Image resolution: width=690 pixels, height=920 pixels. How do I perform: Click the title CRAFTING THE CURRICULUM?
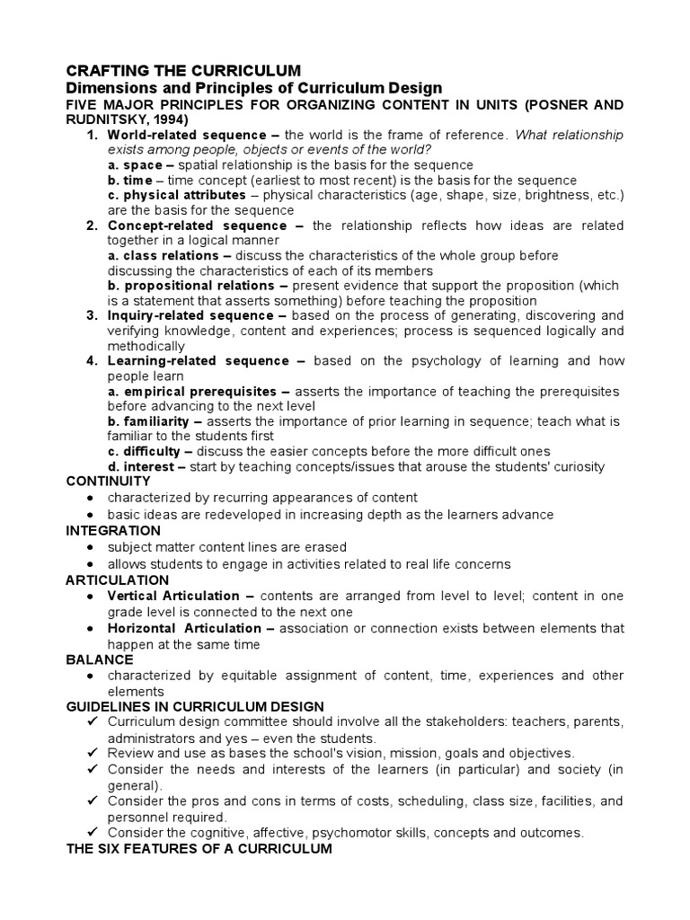pos(184,70)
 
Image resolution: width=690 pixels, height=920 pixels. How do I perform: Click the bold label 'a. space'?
pos(135,165)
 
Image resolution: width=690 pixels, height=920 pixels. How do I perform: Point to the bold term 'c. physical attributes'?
pos(176,195)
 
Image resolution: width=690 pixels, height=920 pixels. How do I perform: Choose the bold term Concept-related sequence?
pos(197,226)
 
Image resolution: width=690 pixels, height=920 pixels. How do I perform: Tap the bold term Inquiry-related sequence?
pos(190,315)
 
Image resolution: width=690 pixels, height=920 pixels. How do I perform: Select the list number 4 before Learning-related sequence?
pos(91,361)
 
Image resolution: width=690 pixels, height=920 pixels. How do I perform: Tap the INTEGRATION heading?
pos(113,530)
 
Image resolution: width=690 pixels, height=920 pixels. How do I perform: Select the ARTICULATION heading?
pos(118,579)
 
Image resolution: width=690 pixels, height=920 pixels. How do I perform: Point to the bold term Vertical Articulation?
pos(173,596)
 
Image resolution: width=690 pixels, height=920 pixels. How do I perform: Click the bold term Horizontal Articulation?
pos(184,628)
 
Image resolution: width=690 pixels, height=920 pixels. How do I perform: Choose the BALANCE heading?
pos(99,659)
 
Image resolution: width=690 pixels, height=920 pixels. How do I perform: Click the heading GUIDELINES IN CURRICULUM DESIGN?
pos(195,707)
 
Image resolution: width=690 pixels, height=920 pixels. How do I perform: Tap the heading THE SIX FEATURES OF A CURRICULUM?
pos(199,849)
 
